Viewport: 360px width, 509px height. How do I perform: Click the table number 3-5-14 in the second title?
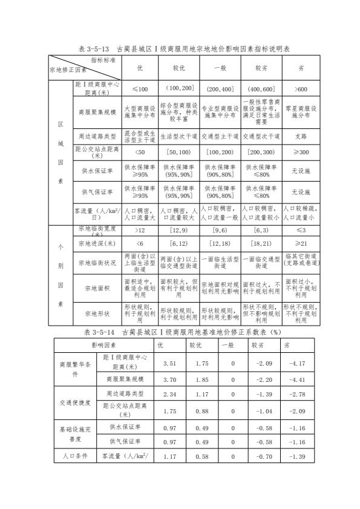coord(114,331)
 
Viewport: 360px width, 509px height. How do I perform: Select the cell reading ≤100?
coord(140,88)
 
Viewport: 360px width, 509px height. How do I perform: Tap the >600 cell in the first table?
coord(301,88)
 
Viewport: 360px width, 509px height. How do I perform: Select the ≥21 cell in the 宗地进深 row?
coord(301,243)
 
